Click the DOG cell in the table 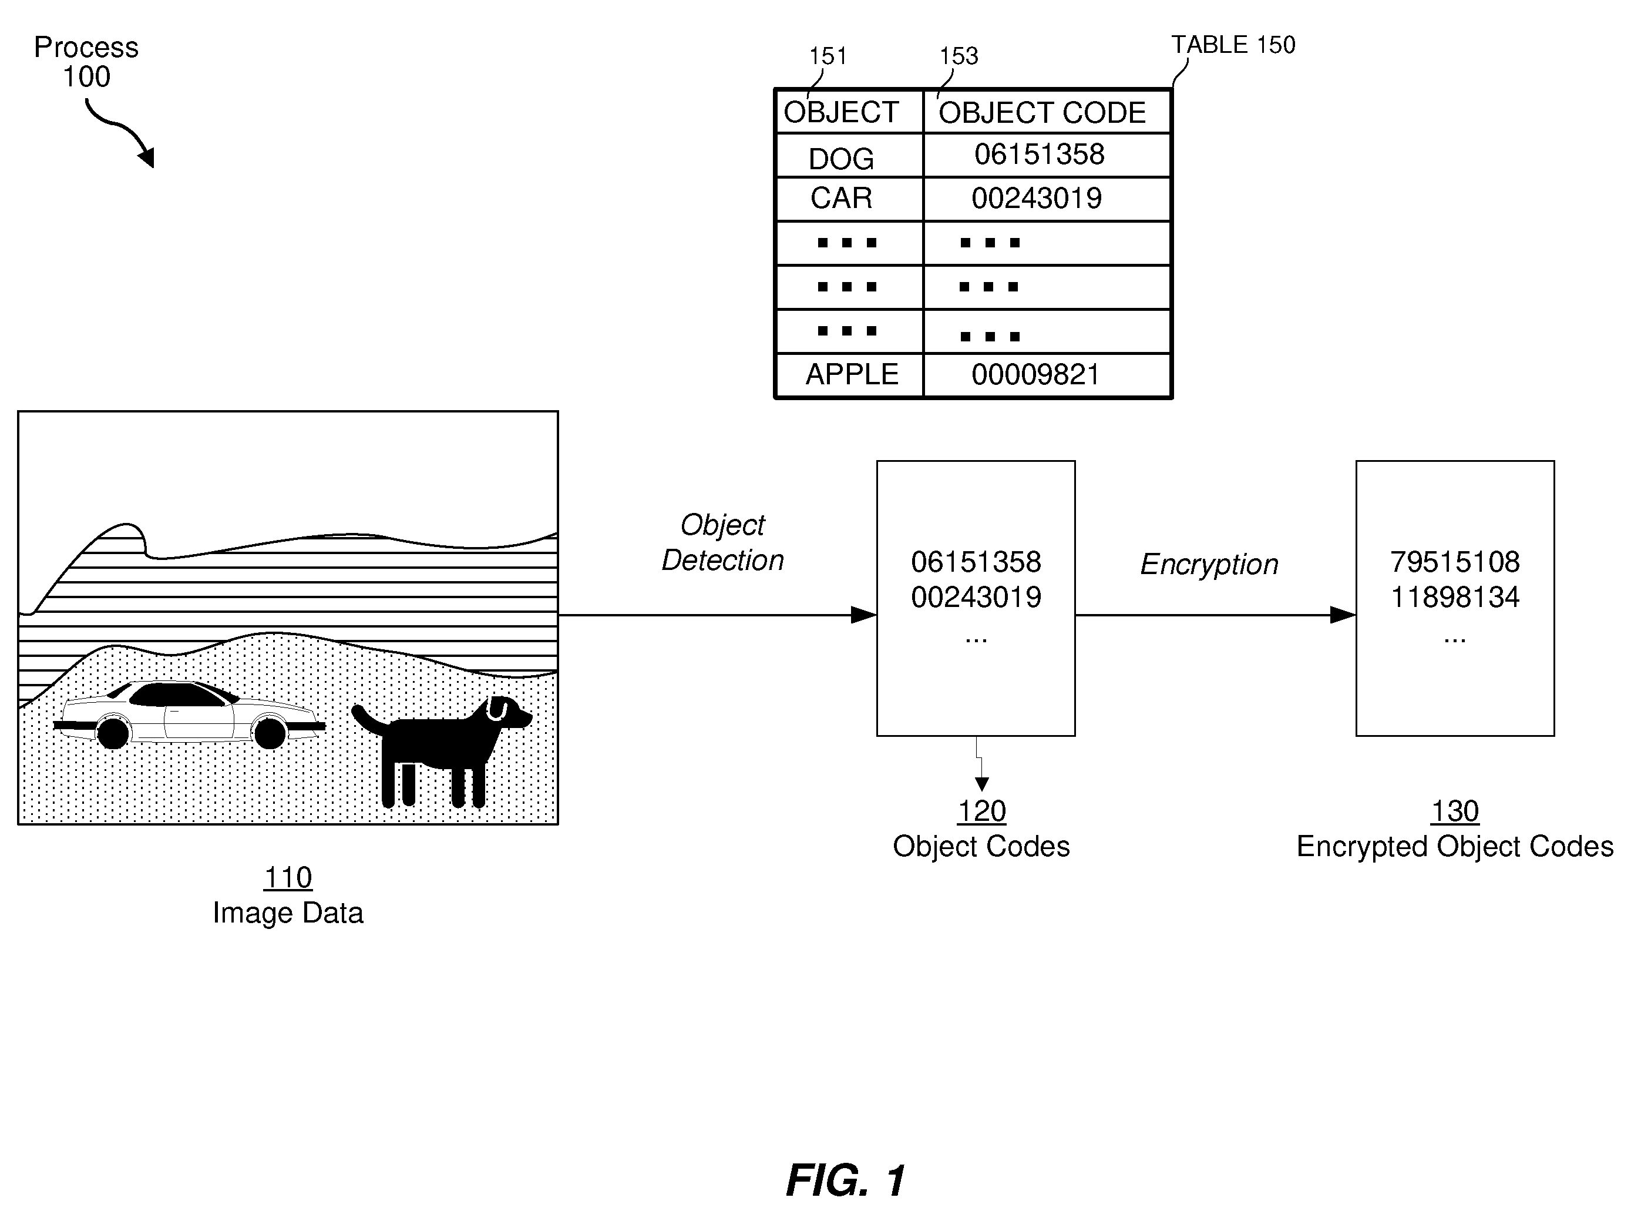coord(849,156)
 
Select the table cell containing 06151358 coord(1046,156)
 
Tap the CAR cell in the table coord(849,199)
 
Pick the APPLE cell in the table coord(849,375)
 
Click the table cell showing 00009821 coord(1046,375)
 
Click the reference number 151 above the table coord(828,56)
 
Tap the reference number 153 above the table coord(959,56)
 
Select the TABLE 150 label coord(1233,45)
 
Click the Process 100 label coord(86,62)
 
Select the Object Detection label coord(722,543)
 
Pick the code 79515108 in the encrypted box coord(1455,562)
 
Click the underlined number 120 coord(981,811)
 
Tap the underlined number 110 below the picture coord(288,878)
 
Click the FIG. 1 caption coord(846,1180)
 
